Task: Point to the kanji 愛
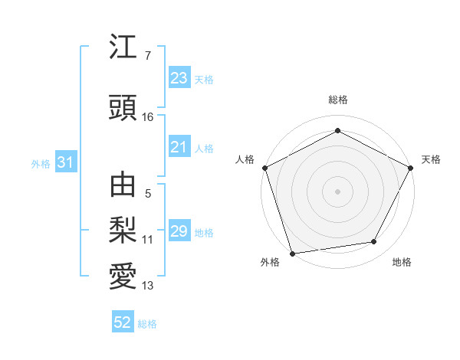tap(123, 275)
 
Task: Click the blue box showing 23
tap(179, 78)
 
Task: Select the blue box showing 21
tap(179, 147)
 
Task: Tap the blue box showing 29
tap(179, 231)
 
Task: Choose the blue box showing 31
tap(65, 162)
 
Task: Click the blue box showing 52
tap(123, 322)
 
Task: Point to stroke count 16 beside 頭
tap(148, 117)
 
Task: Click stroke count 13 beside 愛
tap(148, 286)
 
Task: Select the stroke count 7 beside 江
tap(148, 56)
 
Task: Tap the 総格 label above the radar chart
tap(338, 100)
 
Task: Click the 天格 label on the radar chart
tap(431, 159)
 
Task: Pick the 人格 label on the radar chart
tap(245, 159)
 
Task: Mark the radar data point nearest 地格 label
tap(374, 242)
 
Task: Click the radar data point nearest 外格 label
tap(292, 253)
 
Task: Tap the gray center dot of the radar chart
tap(338, 191)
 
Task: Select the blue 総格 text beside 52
tap(147, 324)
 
